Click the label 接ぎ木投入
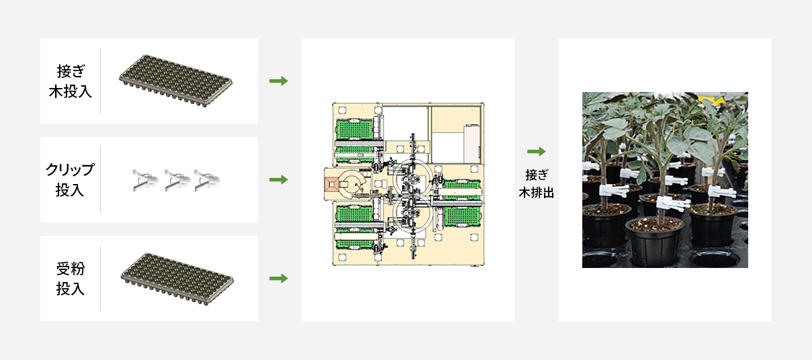[71, 81]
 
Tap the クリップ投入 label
[70, 180]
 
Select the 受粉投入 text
[71, 279]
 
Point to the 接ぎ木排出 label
[536, 184]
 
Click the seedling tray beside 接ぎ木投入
[176, 81]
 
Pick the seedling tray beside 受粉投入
[177, 279]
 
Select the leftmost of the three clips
[145, 180]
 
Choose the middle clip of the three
[177, 180]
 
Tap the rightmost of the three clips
[207, 180]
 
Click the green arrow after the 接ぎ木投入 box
[279, 81]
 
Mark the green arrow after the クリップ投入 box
[279, 179]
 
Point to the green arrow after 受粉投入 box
[279, 279]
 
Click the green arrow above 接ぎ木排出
[537, 151]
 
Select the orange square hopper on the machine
[332, 185]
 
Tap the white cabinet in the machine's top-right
[472, 144]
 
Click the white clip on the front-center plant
[671, 204]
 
